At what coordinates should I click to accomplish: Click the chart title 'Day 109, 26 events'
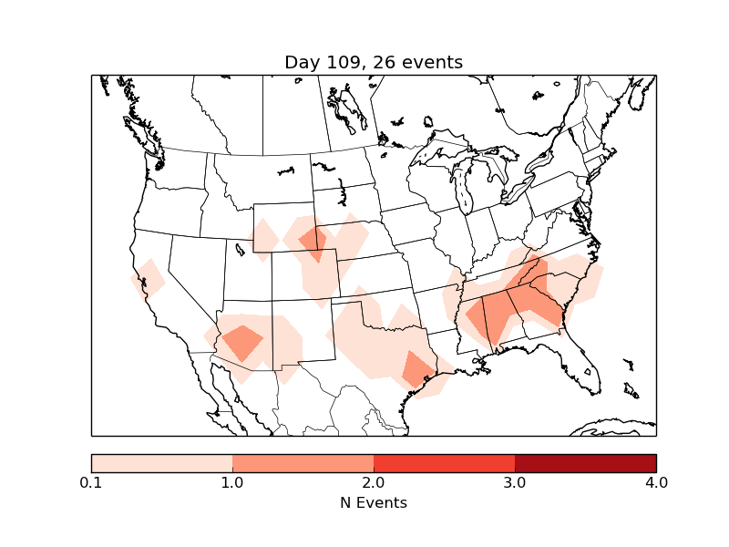click(374, 63)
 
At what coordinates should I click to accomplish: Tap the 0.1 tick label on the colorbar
click(91, 482)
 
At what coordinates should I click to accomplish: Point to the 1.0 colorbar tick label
click(232, 482)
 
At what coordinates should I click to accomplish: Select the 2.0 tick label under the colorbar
click(374, 482)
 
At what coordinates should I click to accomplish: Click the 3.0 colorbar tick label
click(515, 482)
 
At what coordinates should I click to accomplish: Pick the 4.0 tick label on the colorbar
click(656, 482)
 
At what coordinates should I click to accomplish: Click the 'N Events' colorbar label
click(374, 502)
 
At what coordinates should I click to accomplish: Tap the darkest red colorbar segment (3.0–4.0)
click(585, 463)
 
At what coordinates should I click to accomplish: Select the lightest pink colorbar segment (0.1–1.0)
click(161, 463)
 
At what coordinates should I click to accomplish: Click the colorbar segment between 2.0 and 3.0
click(444, 463)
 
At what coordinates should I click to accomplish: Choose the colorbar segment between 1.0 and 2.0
click(303, 463)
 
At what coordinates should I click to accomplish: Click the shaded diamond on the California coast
click(149, 279)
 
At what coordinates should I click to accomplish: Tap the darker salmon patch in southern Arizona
click(241, 343)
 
